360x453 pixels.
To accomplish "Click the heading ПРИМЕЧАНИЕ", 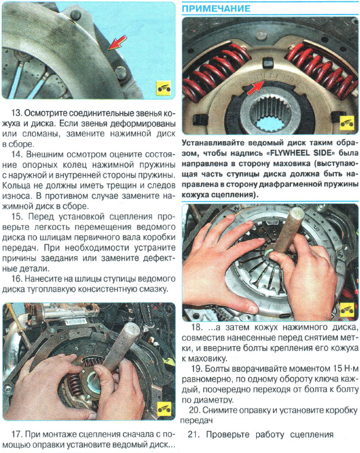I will [x=217, y=9].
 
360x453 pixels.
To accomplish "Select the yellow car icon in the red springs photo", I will [x=347, y=125].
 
